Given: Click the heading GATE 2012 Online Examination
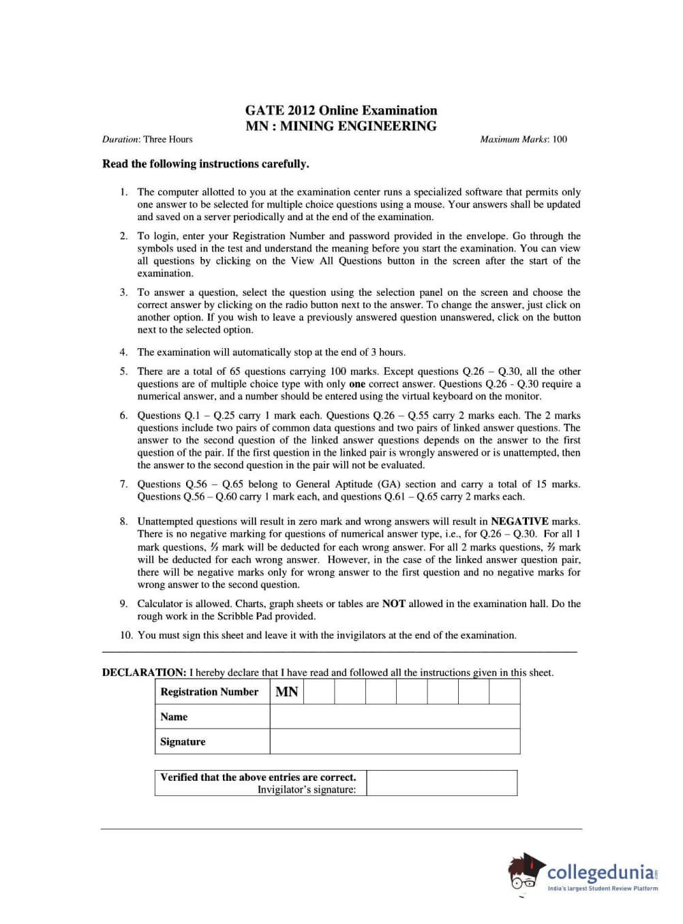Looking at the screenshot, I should [341, 110].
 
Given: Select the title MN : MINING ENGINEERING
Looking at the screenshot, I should [341, 126].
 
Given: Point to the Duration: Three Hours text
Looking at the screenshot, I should [147, 139].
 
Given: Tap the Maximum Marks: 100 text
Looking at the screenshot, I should [523, 139].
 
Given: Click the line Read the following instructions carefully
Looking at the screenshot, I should [205, 164].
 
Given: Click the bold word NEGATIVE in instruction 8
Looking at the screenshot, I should [519, 521].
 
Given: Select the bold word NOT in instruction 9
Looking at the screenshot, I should [393, 604].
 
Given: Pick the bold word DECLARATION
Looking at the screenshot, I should [144, 673].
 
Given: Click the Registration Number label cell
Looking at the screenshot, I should [209, 692].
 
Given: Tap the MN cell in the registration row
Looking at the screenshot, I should [287, 692].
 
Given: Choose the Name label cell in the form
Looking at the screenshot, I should [174, 717].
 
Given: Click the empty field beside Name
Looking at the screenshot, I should [395, 717].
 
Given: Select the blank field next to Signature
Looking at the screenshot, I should [395, 742].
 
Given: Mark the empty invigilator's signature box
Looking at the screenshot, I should [442, 783].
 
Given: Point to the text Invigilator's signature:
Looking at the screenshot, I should [306, 790].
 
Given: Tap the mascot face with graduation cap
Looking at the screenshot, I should [525, 872].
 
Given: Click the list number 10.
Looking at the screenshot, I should [126, 635].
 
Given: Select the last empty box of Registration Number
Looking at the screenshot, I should [504, 692].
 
